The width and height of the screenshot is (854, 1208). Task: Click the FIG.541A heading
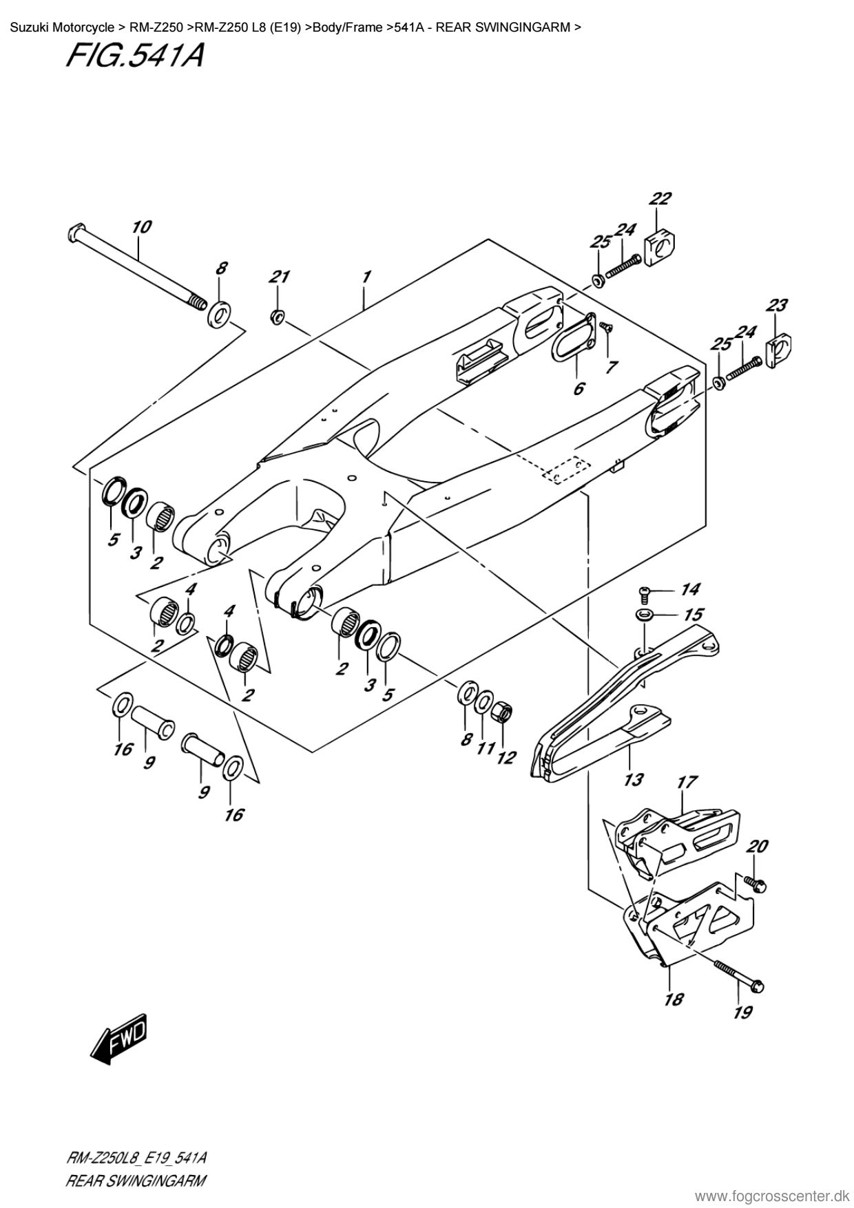pos(134,56)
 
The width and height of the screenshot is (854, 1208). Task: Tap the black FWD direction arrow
pos(118,1037)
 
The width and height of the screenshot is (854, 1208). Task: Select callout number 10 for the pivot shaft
pos(141,227)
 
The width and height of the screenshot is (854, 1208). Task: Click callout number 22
pos(660,199)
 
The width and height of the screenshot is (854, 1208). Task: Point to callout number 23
pos(777,305)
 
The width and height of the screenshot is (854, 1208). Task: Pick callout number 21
pos(278,277)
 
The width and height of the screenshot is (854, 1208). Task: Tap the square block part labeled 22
pos(659,243)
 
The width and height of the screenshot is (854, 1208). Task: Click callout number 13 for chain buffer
pos(633,779)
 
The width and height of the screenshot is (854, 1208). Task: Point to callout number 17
pos(687,782)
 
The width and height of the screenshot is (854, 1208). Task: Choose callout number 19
pos(742,1012)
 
